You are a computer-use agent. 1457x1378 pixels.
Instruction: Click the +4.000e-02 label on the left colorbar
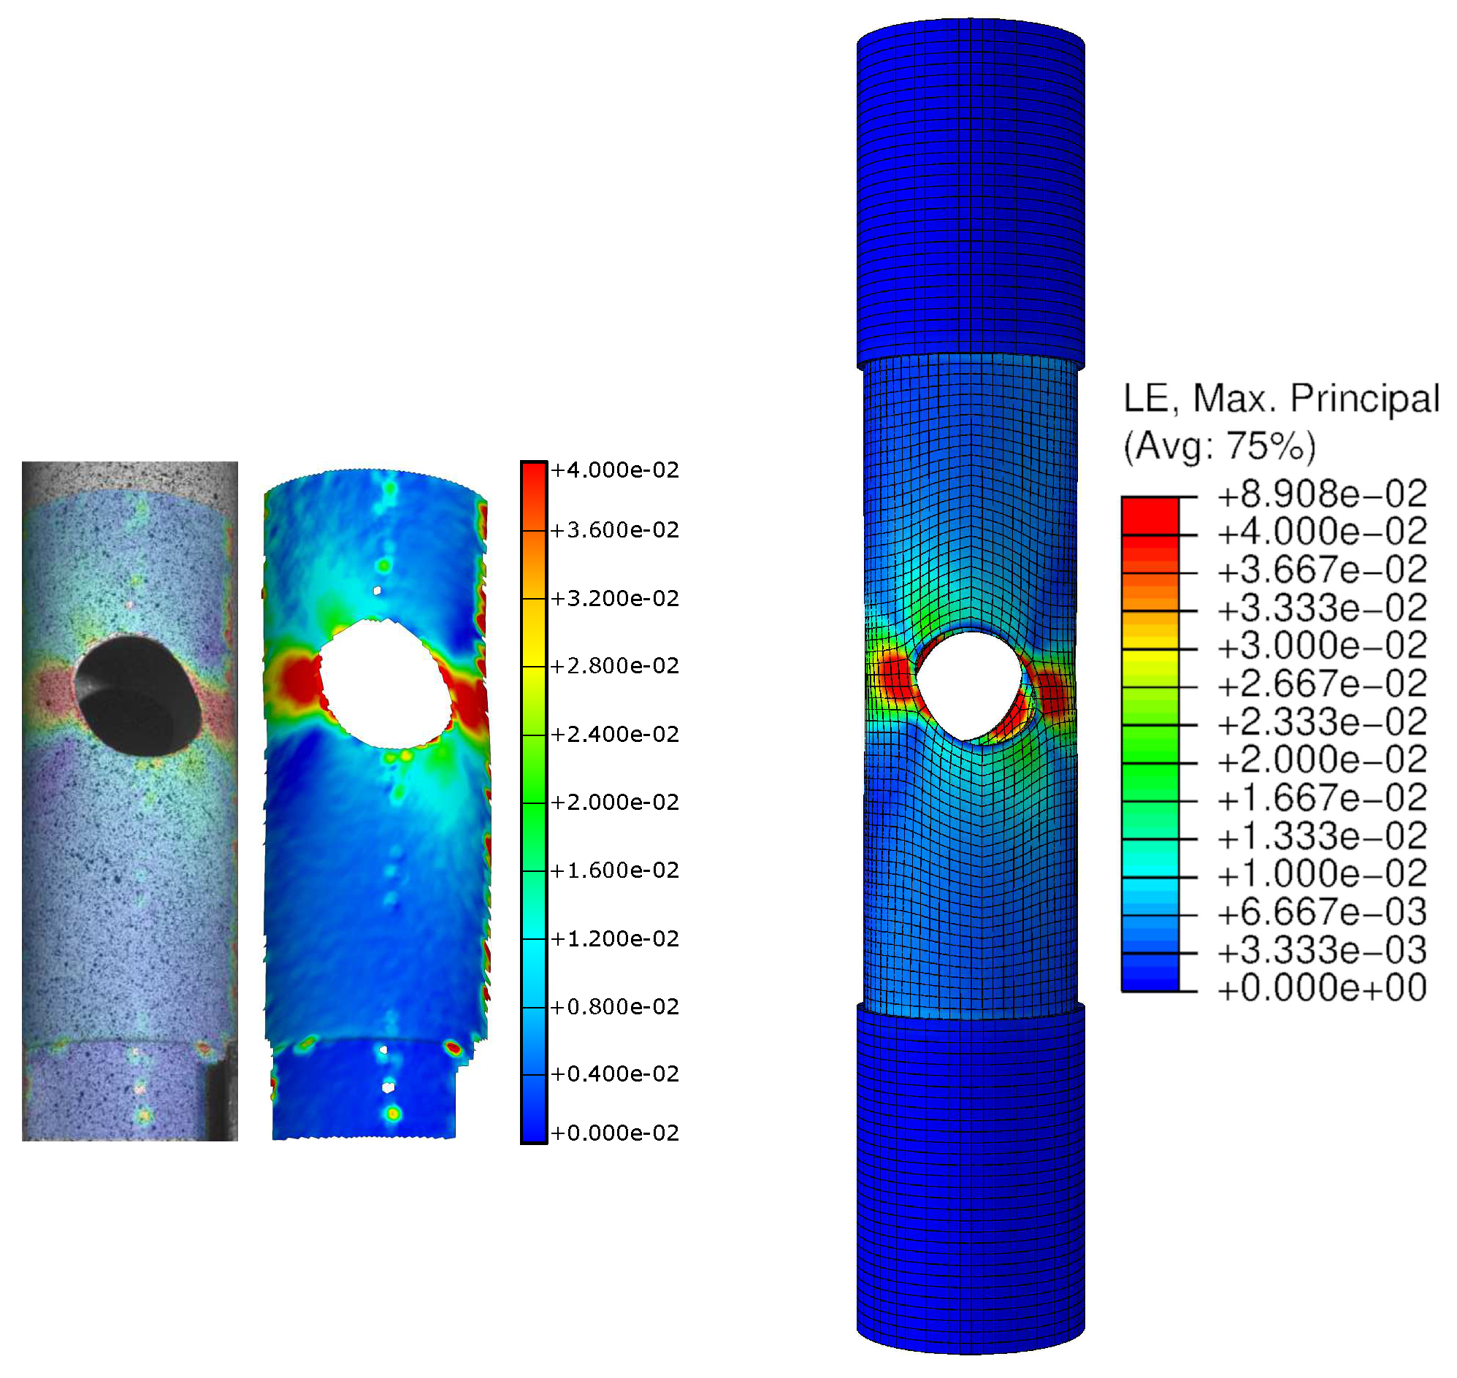[615, 470]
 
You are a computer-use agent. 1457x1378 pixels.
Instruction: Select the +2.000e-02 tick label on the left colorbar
[615, 802]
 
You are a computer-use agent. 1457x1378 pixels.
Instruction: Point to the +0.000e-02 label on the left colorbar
[615, 1133]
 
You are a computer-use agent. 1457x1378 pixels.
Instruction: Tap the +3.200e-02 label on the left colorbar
[615, 599]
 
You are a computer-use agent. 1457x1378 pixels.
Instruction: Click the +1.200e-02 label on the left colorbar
[615, 938]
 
